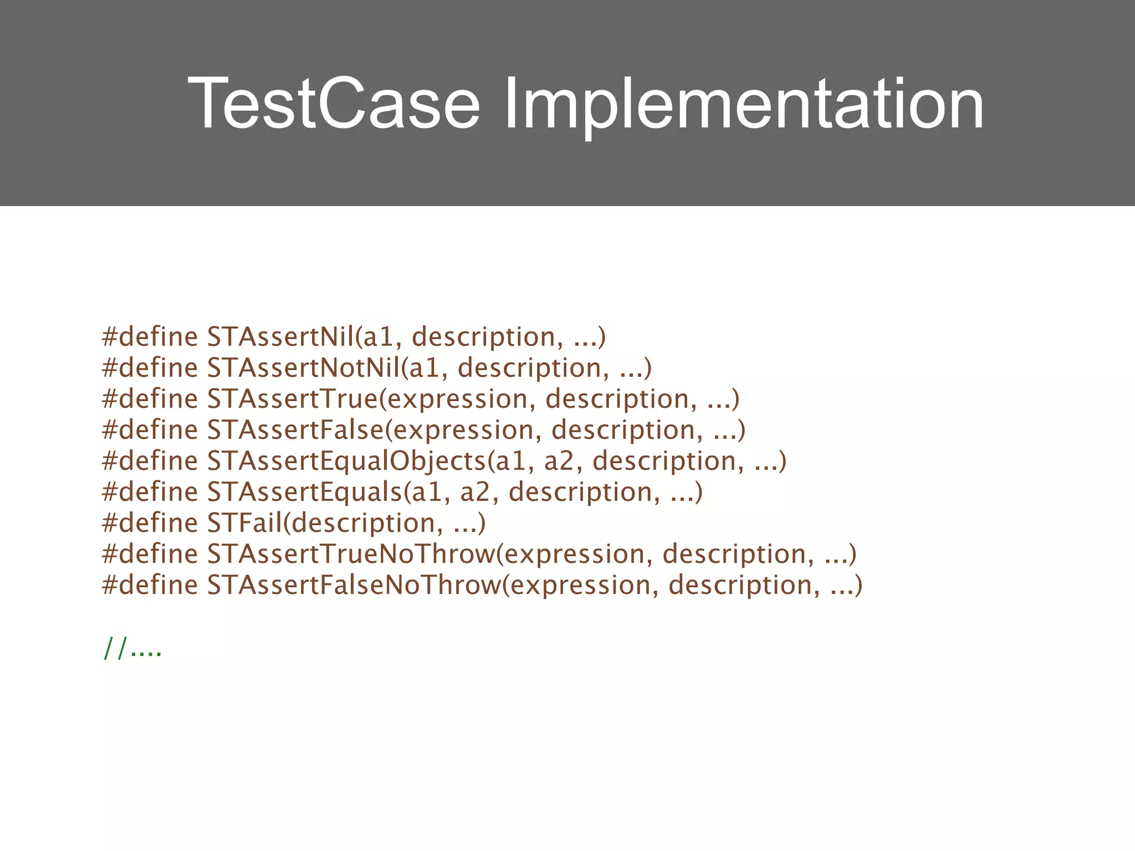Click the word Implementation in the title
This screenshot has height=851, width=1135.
click(743, 104)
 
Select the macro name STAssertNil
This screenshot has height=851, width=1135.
click(280, 336)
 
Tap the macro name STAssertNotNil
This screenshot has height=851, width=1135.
click(303, 367)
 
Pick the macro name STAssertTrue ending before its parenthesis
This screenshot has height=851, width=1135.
click(292, 398)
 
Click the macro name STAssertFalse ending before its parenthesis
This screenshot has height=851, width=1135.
click(295, 429)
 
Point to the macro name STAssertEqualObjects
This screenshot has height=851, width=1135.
click(346, 460)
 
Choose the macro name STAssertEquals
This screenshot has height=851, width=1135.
click(304, 491)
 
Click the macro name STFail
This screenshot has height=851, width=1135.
click(244, 522)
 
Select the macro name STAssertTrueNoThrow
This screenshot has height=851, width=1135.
click(351, 553)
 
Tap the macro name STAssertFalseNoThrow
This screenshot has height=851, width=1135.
click(354, 585)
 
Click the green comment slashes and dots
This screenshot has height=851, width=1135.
click(132, 648)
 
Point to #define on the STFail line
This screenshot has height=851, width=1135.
click(150, 522)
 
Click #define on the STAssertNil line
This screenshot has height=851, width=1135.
click(150, 336)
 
